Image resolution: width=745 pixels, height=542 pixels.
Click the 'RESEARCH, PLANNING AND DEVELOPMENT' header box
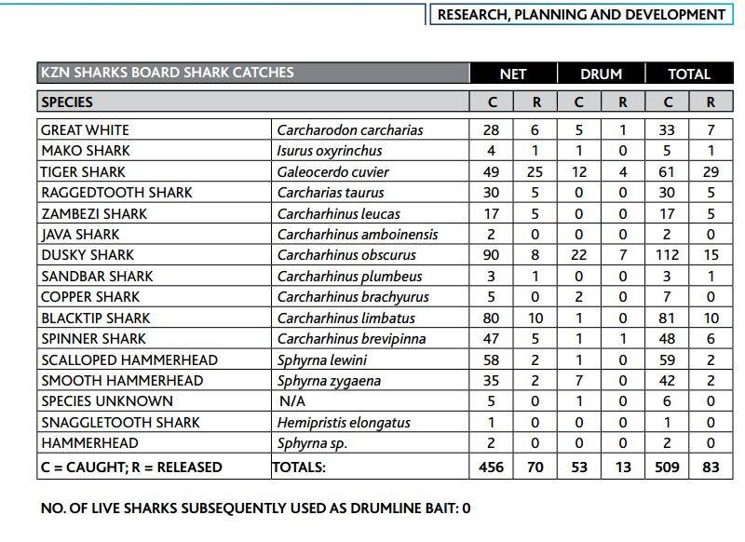click(580, 14)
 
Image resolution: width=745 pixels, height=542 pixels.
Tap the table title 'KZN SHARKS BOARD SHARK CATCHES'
click(168, 73)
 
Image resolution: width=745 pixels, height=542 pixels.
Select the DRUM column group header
click(601, 74)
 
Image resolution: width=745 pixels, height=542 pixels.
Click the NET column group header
click(513, 74)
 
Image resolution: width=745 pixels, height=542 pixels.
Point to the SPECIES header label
click(67, 102)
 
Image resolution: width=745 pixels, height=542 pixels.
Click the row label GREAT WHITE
click(85, 129)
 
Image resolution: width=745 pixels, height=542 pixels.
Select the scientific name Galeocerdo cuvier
click(332, 171)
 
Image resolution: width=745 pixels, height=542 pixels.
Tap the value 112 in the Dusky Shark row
click(666, 255)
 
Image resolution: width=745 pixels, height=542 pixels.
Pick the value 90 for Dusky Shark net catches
click(492, 255)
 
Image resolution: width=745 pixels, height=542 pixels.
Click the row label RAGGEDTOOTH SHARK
click(116, 193)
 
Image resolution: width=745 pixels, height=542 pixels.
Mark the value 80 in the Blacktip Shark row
click(492, 318)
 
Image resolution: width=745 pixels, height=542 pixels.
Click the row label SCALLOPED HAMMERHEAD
click(129, 359)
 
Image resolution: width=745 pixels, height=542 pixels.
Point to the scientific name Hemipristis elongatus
click(344, 422)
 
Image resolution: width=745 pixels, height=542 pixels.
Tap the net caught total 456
click(491, 467)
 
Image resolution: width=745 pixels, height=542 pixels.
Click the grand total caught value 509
click(666, 467)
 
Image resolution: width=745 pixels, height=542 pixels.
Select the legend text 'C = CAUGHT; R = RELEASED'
click(131, 467)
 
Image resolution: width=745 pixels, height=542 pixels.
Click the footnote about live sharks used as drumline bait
click(256, 508)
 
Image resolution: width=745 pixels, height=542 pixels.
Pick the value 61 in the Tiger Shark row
click(666, 171)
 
